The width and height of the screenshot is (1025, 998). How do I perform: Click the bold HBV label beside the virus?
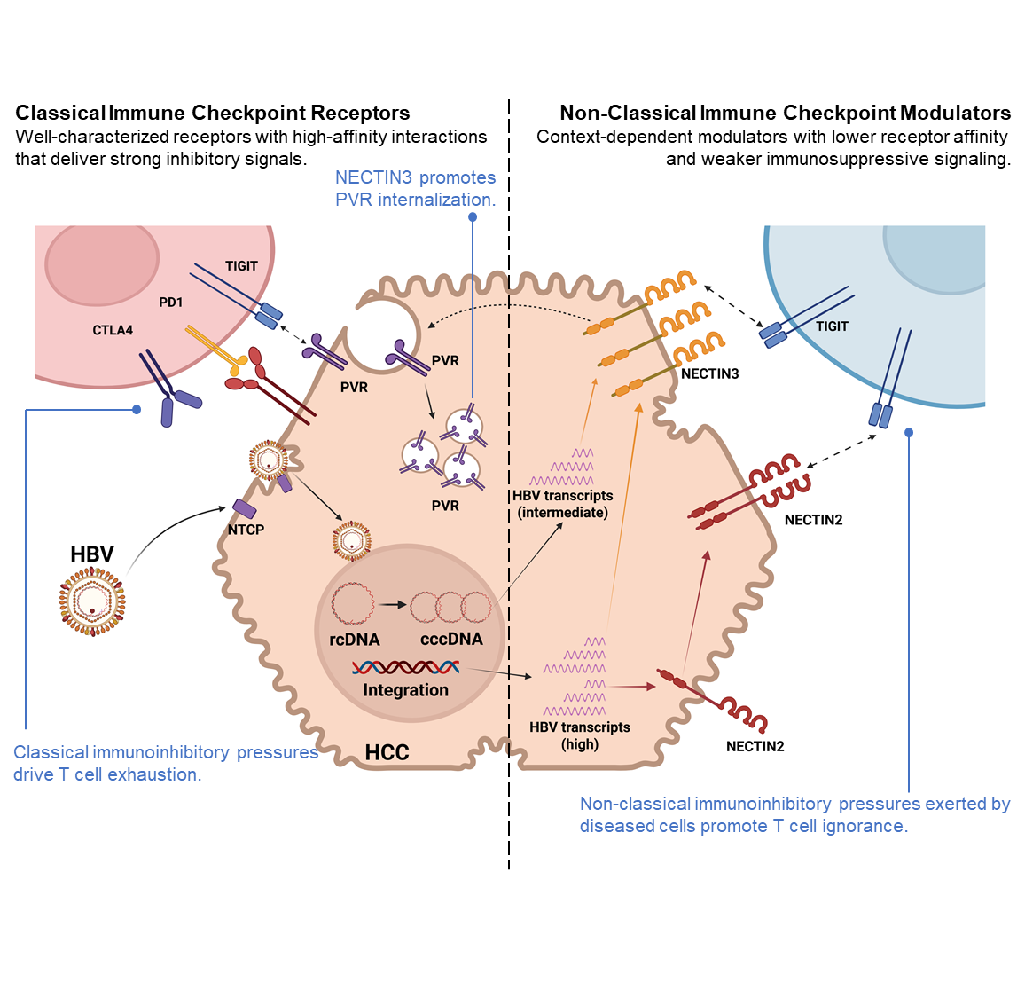tap(92, 554)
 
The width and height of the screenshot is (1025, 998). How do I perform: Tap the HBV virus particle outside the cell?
tap(92, 601)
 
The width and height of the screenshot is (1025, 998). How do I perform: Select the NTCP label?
tap(246, 530)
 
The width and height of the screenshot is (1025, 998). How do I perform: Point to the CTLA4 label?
tap(113, 330)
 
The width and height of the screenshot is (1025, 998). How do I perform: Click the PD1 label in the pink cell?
tap(170, 303)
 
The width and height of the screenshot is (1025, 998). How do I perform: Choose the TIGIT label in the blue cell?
tap(832, 326)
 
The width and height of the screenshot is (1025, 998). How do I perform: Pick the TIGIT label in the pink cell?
tap(241, 266)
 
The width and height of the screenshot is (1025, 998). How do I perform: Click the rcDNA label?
tap(354, 639)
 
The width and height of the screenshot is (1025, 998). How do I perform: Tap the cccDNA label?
tap(451, 639)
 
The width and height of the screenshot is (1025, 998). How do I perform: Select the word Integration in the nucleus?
tap(405, 690)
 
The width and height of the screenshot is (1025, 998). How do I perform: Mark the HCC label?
tap(387, 753)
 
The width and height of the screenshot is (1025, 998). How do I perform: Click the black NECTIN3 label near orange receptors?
tap(709, 374)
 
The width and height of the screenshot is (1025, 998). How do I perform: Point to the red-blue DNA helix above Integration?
tap(405, 667)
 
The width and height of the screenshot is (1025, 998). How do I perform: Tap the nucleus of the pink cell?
tap(102, 263)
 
